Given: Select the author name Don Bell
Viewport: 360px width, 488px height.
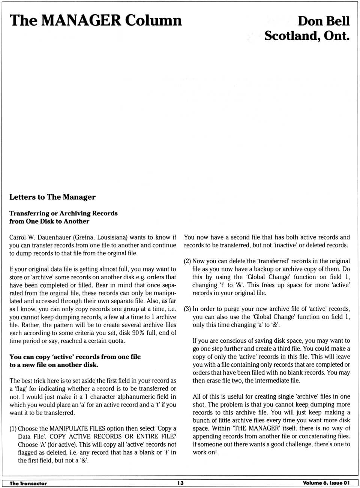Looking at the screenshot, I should (x=324, y=21).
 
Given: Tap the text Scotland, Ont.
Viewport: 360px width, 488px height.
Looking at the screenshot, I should (x=307, y=36).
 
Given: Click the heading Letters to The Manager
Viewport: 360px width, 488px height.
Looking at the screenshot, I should (x=52, y=197).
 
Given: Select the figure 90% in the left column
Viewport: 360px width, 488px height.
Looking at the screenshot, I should (x=138, y=333).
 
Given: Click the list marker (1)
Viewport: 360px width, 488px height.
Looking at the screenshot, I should (x=13, y=428).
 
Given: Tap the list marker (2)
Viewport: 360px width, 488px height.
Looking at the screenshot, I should (x=187, y=261).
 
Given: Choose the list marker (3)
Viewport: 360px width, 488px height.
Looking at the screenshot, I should (x=187, y=309).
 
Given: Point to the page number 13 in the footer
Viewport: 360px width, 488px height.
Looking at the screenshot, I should (x=180, y=483).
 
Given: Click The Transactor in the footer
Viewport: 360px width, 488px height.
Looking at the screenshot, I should (x=28, y=483).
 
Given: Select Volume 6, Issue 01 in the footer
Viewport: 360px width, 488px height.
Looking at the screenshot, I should (x=326, y=483).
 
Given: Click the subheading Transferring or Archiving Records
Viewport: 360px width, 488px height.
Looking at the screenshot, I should (x=63, y=213).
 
